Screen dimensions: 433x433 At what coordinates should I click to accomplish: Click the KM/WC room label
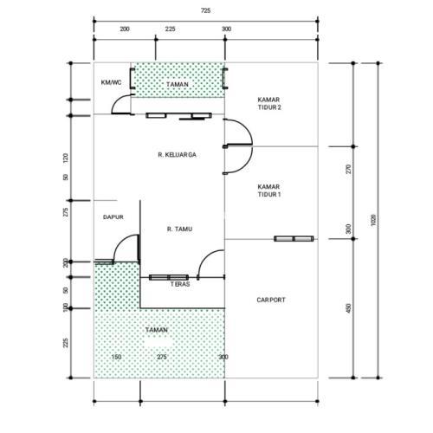click(x=111, y=82)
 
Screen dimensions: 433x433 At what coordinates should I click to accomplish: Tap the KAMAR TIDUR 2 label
click(x=269, y=104)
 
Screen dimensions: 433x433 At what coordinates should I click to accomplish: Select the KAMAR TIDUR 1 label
click(x=268, y=191)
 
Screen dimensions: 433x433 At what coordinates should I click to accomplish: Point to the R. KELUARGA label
click(x=177, y=155)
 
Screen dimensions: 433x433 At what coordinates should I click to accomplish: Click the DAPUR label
click(x=113, y=217)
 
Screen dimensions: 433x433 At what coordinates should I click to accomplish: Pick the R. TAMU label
click(x=179, y=229)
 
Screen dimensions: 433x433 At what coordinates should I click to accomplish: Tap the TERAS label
click(x=180, y=284)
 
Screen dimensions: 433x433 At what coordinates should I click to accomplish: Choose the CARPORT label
click(x=271, y=301)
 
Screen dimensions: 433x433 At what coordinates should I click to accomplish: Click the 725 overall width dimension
click(x=205, y=10)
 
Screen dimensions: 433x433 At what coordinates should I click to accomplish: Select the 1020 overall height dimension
click(x=373, y=220)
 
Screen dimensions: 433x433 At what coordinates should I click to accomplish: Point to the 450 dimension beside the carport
click(x=348, y=308)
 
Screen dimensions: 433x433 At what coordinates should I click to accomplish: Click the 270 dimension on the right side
click(x=349, y=169)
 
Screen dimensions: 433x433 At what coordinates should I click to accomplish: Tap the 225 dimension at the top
click(x=170, y=29)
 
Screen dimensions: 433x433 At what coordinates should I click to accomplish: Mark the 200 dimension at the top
click(x=125, y=29)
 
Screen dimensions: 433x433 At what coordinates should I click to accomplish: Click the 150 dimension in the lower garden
click(x=116, y=357)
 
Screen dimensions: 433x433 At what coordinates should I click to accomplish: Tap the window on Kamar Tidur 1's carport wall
click(x=294, y=239)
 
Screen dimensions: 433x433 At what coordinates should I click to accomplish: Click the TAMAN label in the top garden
click(x=178, y=85)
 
